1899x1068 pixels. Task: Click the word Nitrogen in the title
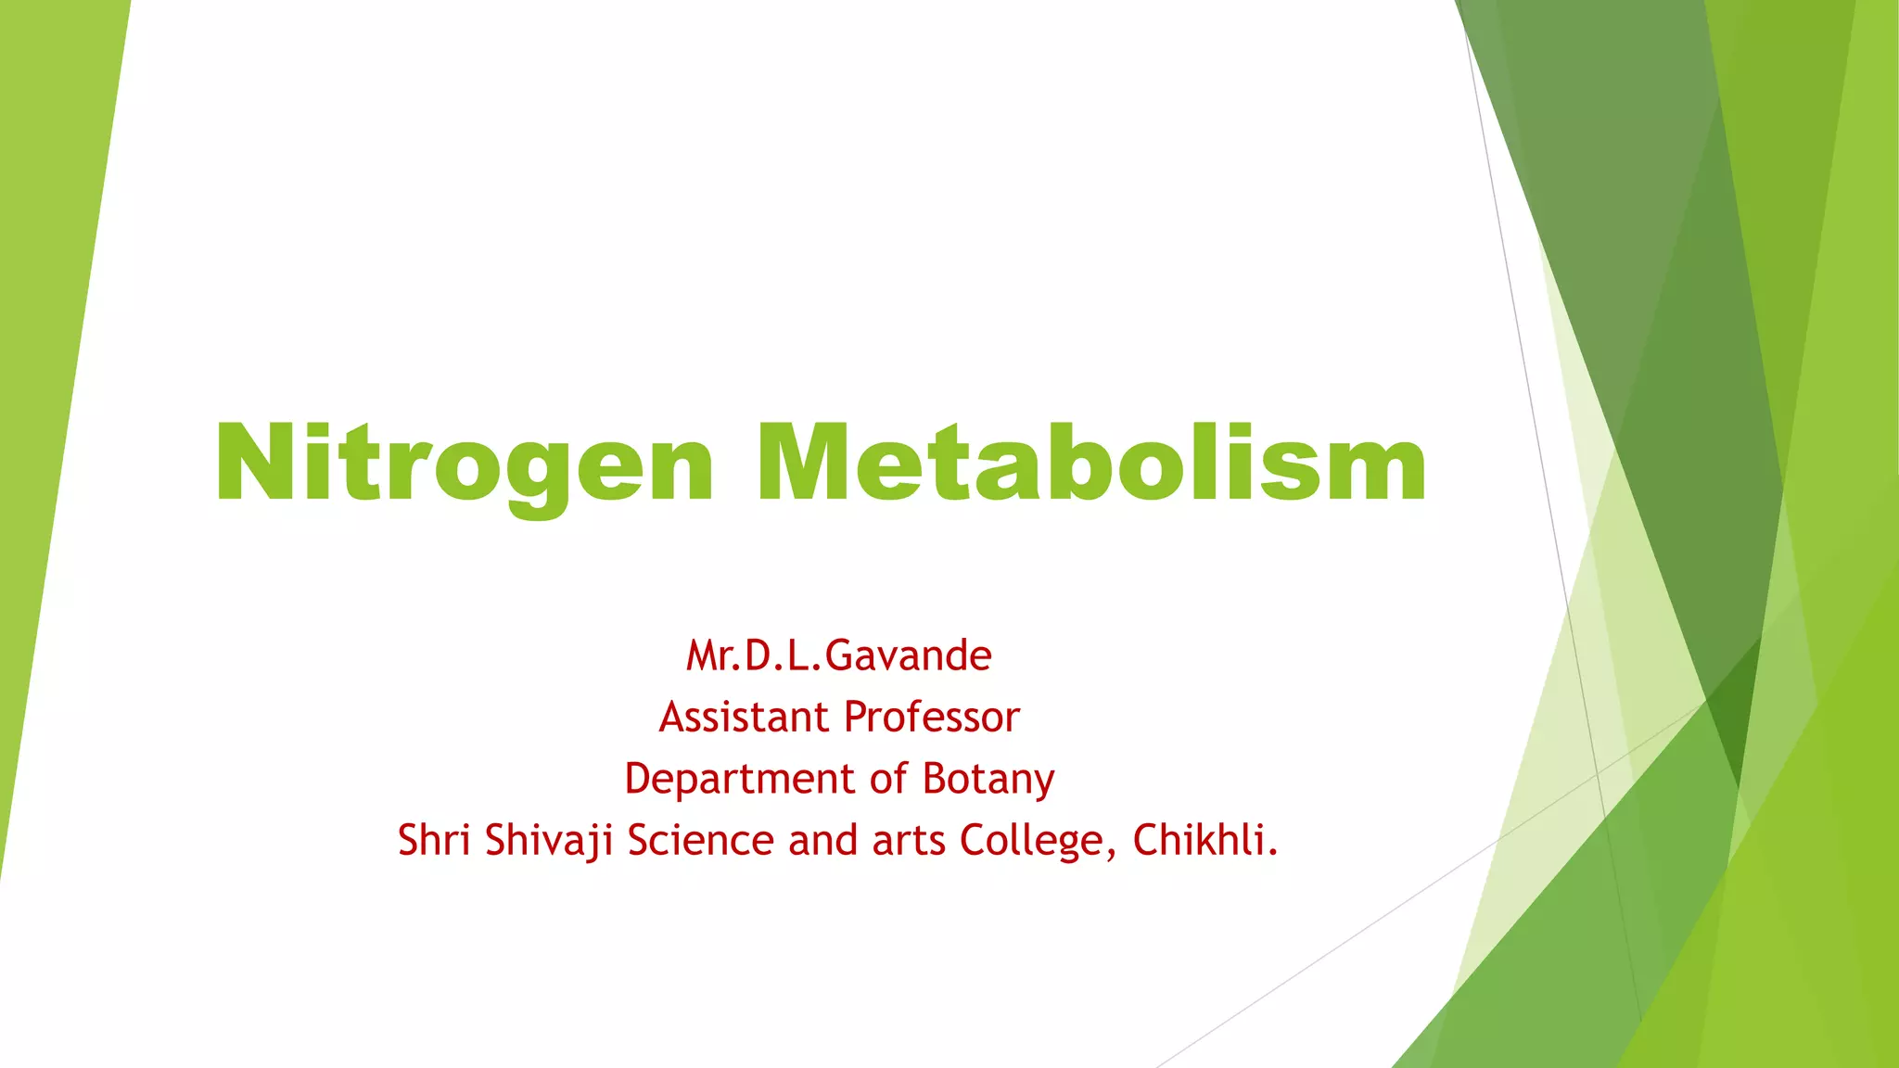point(465,464)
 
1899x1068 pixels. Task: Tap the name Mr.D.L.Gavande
point(839,655)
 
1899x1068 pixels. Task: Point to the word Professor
point(932,717)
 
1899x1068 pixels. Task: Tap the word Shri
point(434,840)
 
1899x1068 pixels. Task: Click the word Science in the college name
point(700,840)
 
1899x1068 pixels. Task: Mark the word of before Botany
point(889,779)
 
